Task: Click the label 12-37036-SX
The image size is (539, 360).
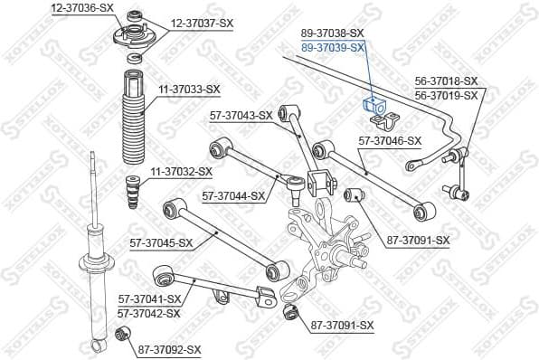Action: tap(82, 7)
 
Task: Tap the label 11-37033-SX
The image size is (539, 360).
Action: tap(189, 89)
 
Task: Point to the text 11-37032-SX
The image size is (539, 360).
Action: tap(180, 171)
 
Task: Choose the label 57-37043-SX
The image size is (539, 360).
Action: tap(241, 115)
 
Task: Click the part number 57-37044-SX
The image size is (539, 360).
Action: tap(233, 195)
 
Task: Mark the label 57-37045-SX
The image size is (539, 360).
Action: tap(162, 242)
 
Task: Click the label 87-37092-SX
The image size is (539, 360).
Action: tap(169, 348)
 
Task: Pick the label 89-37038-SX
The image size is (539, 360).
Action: tap(333, 33)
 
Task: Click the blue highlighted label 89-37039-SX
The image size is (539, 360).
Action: tap(333, 46)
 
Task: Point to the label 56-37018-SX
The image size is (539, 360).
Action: tap(446, 81)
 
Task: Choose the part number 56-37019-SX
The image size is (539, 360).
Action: tap(446, 93)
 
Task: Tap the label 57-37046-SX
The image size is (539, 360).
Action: tap(390, 140)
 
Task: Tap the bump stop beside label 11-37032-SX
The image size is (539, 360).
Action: tap(134, 192)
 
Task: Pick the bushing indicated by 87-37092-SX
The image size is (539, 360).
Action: tap(126, 338)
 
